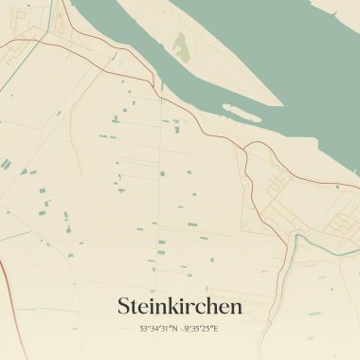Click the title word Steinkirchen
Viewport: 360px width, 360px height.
coord(180,306)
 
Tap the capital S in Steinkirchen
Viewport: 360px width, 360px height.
coord(123,306)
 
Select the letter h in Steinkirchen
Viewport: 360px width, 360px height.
coord(214,306)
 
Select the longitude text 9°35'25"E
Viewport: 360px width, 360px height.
coord(202,329)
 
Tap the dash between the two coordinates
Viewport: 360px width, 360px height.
coord(181,329)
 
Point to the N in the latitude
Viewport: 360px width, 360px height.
coord(175,329)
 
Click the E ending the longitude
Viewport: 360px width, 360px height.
coord(217,329)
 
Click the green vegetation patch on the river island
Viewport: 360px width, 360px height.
coord(181,45)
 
